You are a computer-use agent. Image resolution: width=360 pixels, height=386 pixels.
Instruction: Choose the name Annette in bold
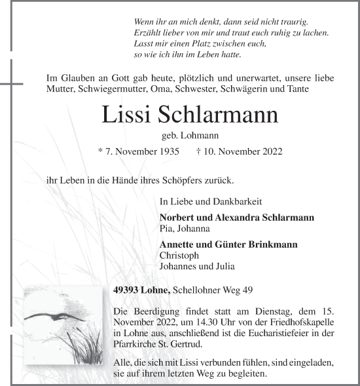click(x=177, y=244)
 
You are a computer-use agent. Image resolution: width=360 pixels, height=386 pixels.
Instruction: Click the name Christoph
click(x=177, y=255)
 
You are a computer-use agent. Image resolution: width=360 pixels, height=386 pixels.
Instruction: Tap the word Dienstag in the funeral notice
click(x=268, y=308)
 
